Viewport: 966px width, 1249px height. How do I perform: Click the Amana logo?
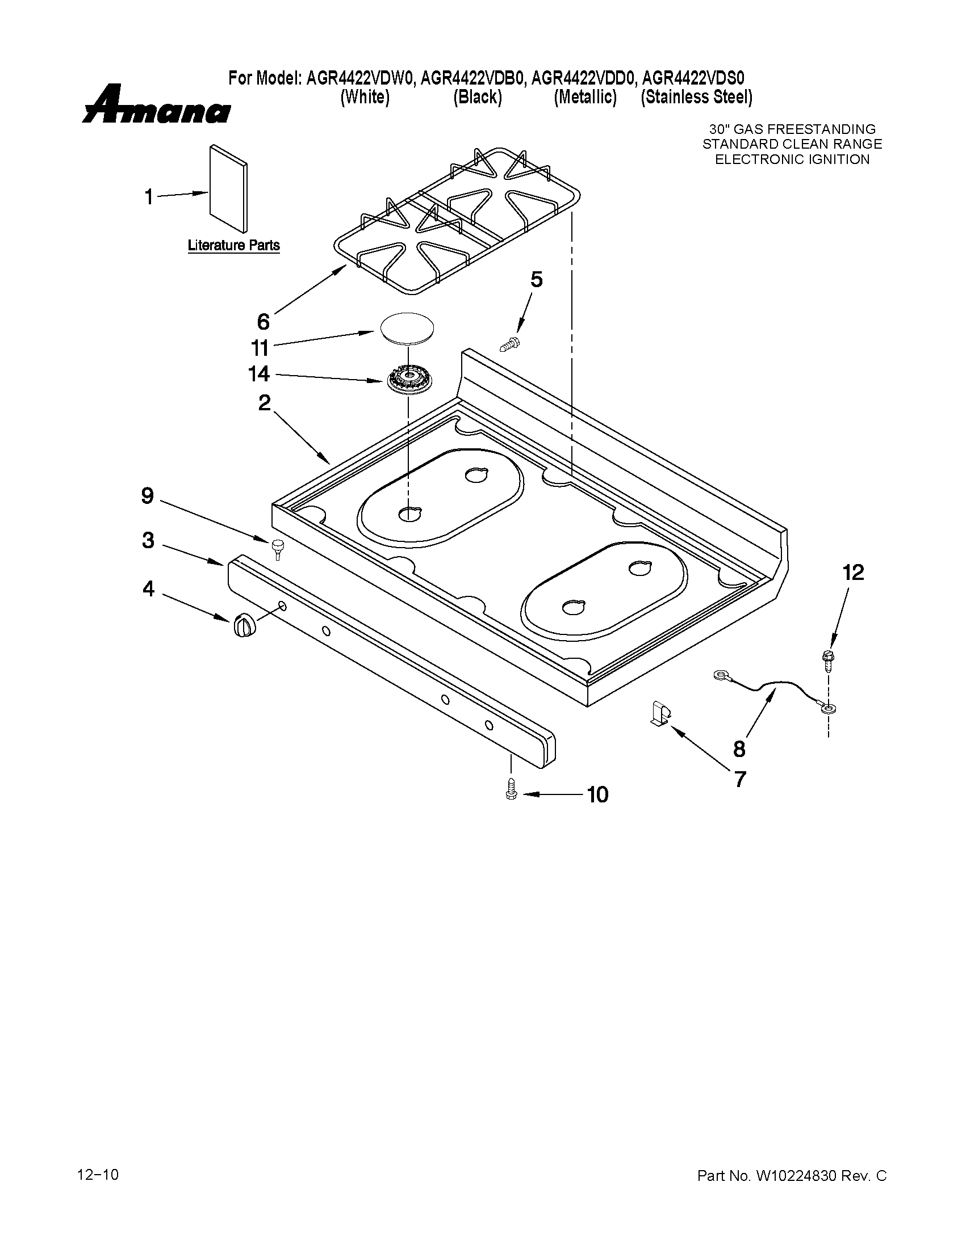click(x=156, y=105)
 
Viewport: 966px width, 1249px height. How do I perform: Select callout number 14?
click(x=258, y=374)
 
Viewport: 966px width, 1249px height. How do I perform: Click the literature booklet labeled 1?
click(x=228, y=189)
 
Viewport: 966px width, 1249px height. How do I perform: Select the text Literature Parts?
click(x=233, y=245)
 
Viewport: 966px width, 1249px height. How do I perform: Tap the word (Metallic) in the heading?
click(x=585, y=98)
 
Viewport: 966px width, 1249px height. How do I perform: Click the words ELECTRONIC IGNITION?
click(x=792, y=159)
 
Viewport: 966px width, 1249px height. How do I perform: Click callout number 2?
click(x=264, y=402)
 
